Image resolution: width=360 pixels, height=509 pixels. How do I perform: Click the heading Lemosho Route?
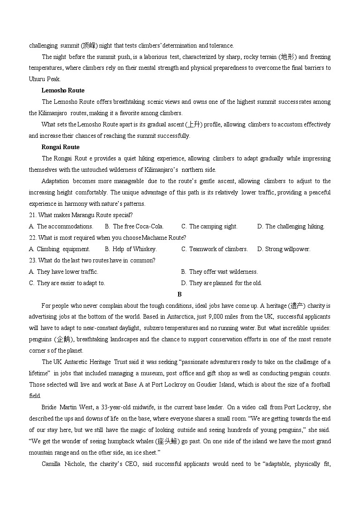coord(63,90)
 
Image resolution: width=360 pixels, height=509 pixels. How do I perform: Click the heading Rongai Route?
coord(60,147)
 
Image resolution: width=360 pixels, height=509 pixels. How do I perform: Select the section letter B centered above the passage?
coord(180,294)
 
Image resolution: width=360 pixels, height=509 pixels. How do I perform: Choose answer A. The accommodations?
coord(61,226)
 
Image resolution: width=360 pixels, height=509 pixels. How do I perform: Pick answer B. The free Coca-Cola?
coord(134,226)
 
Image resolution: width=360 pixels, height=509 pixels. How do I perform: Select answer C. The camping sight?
coord(209,226)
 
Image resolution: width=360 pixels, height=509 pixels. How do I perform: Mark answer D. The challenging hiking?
coord(291,226)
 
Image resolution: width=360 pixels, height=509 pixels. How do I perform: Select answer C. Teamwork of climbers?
coord(214,249)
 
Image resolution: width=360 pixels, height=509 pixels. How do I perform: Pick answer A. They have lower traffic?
coord(63,271)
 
